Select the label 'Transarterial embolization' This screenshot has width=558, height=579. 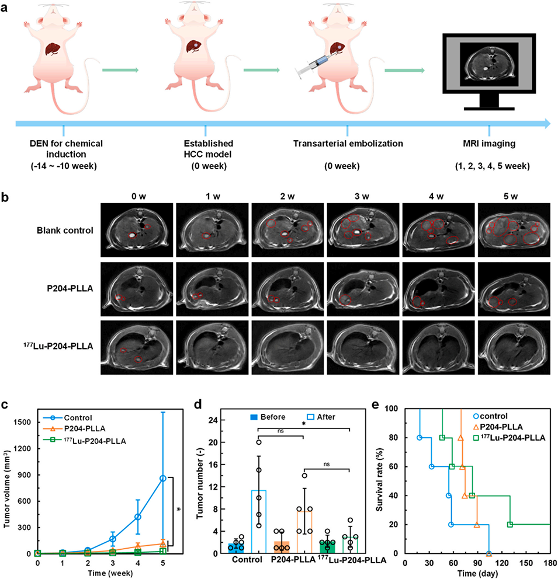(348, 143)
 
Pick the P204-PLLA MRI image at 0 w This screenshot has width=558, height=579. (137, 289)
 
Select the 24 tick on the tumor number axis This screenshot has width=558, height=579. (214, 420)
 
